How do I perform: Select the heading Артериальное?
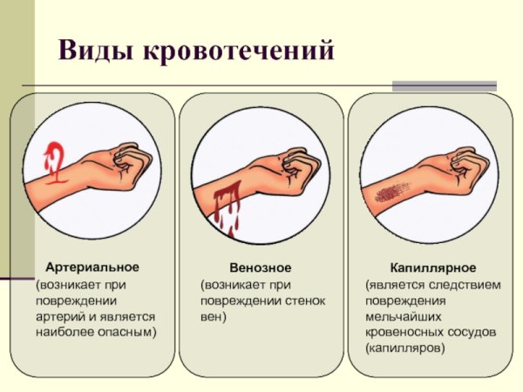point(92,267)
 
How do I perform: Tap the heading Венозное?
point(261,267)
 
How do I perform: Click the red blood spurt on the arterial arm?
point(55,160)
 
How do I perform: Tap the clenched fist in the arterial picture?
point(132,161)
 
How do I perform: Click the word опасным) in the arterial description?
point(127,333)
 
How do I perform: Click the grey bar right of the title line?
point(444,86)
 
